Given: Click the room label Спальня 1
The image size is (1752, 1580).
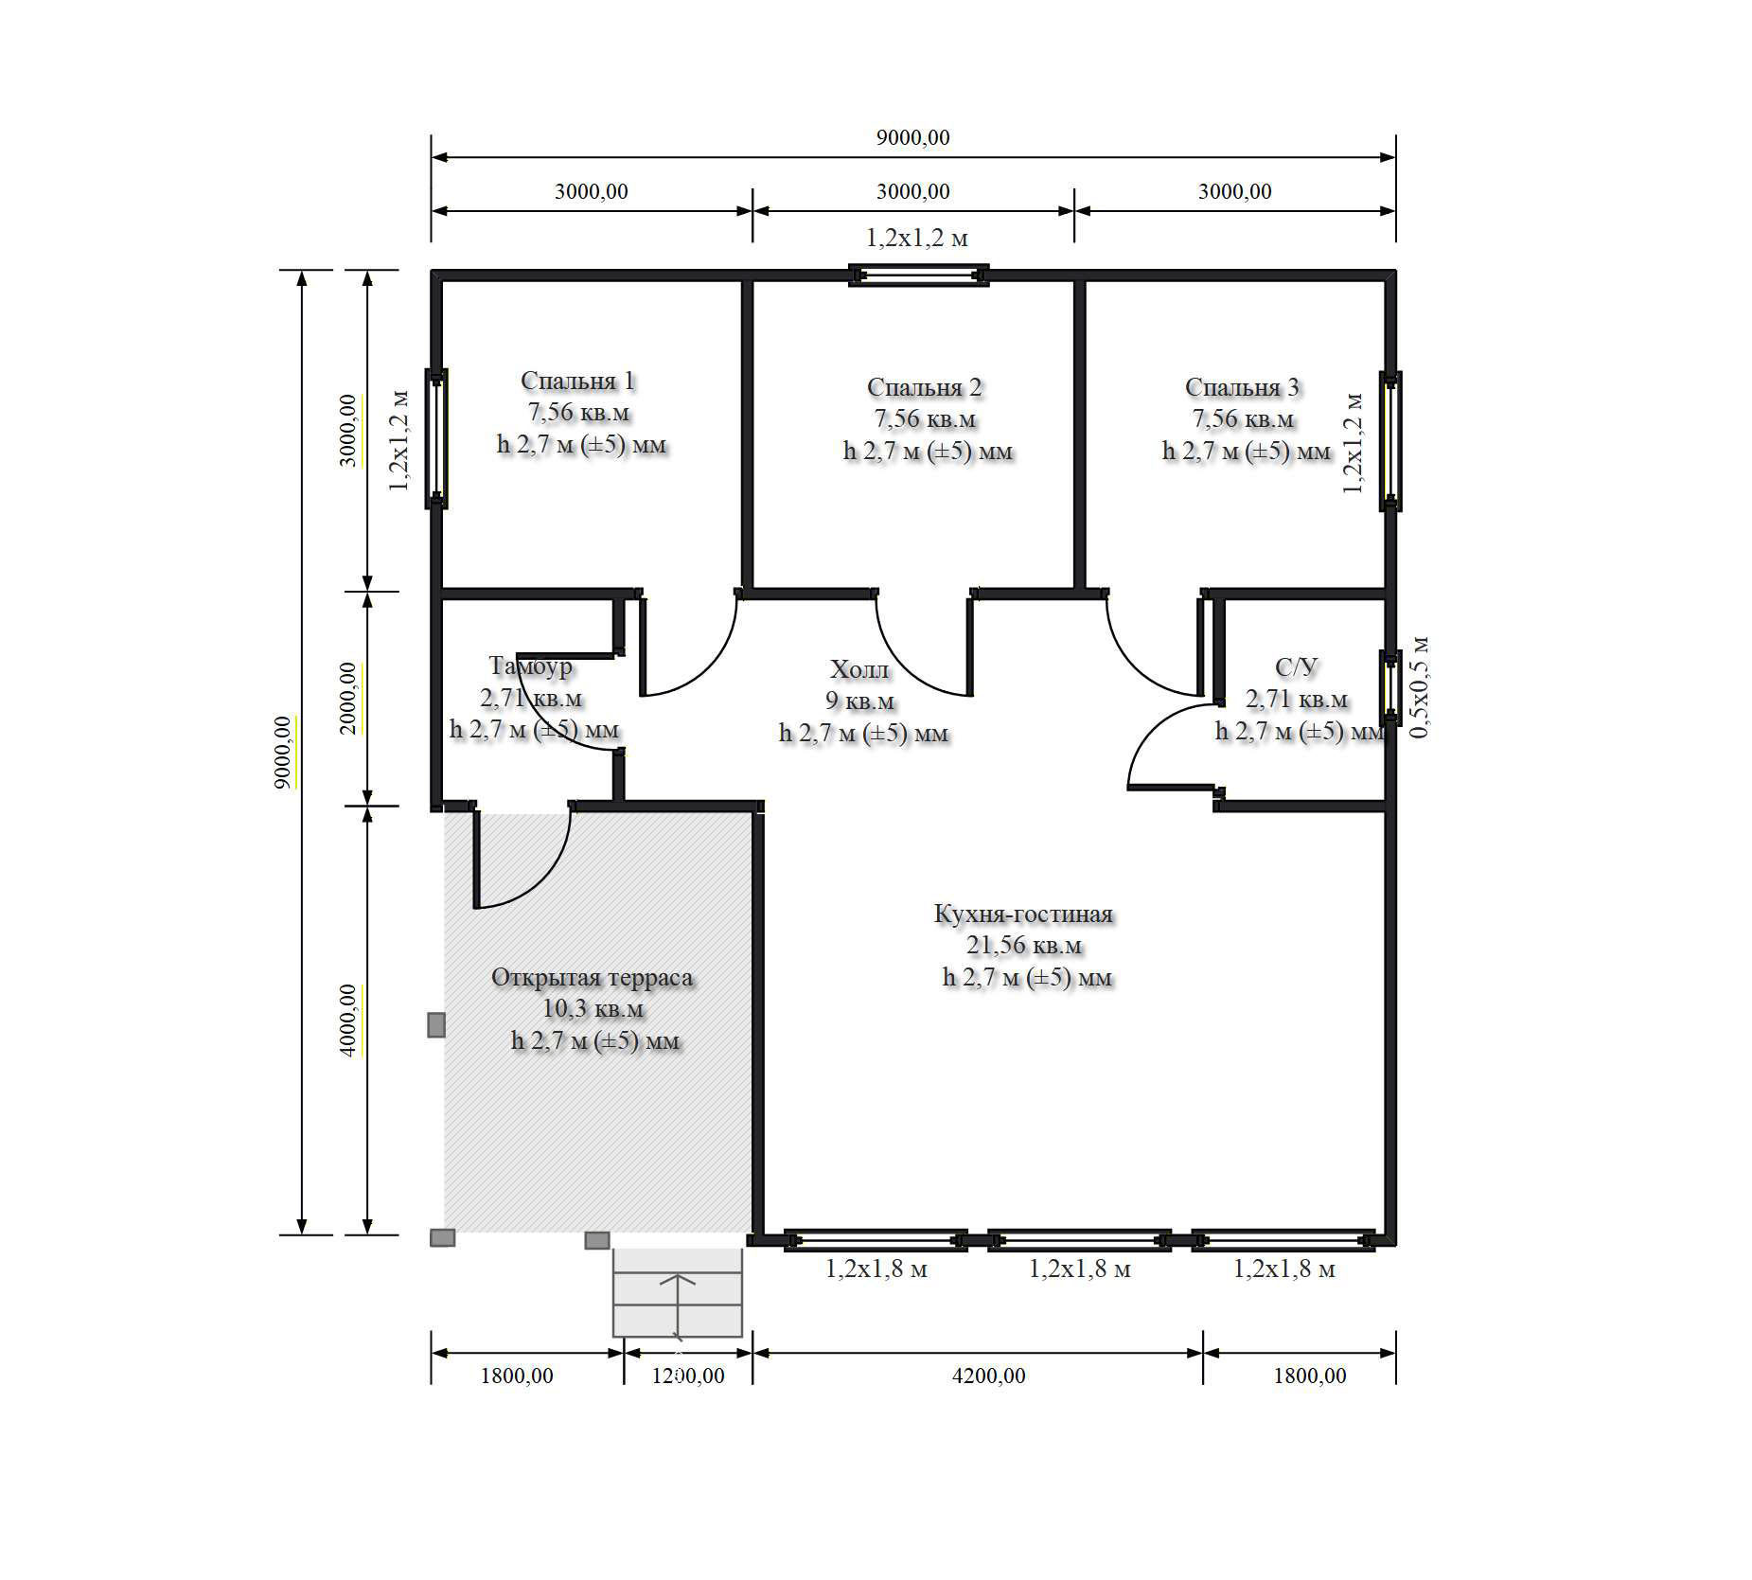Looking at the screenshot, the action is click(577, 381).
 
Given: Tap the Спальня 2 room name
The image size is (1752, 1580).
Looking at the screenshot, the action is click(924, 387).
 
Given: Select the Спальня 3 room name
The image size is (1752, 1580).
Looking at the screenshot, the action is click(1242, 387).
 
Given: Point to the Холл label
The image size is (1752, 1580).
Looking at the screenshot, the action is click(859, 669).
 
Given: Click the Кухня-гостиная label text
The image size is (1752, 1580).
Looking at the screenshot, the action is click(1023, 914).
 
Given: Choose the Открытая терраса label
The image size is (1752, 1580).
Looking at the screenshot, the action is click(592, 977).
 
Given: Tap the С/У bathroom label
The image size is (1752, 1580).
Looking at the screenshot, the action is click(1296, 667).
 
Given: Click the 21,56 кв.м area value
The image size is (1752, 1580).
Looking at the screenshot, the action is click(1024, 945).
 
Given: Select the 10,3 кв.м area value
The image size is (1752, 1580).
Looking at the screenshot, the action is click(593, 1009).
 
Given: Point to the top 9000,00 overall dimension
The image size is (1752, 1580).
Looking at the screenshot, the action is click(912, 137).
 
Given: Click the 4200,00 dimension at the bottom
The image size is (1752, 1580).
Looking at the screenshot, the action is click(988, 1376).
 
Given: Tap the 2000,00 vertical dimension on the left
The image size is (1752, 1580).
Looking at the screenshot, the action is click(348, 698).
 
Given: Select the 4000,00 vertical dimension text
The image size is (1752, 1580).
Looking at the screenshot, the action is click(348, 1021).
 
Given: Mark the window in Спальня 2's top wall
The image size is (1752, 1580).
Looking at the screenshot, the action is click(918, 275).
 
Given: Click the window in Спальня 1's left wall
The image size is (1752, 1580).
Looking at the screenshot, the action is click(436, 438).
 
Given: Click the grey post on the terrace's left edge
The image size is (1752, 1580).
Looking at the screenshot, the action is click(436, 1024).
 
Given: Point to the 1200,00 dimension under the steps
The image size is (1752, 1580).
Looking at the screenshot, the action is click(688, 1376).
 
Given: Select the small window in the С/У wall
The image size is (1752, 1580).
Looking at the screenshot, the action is click(1390, 686).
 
